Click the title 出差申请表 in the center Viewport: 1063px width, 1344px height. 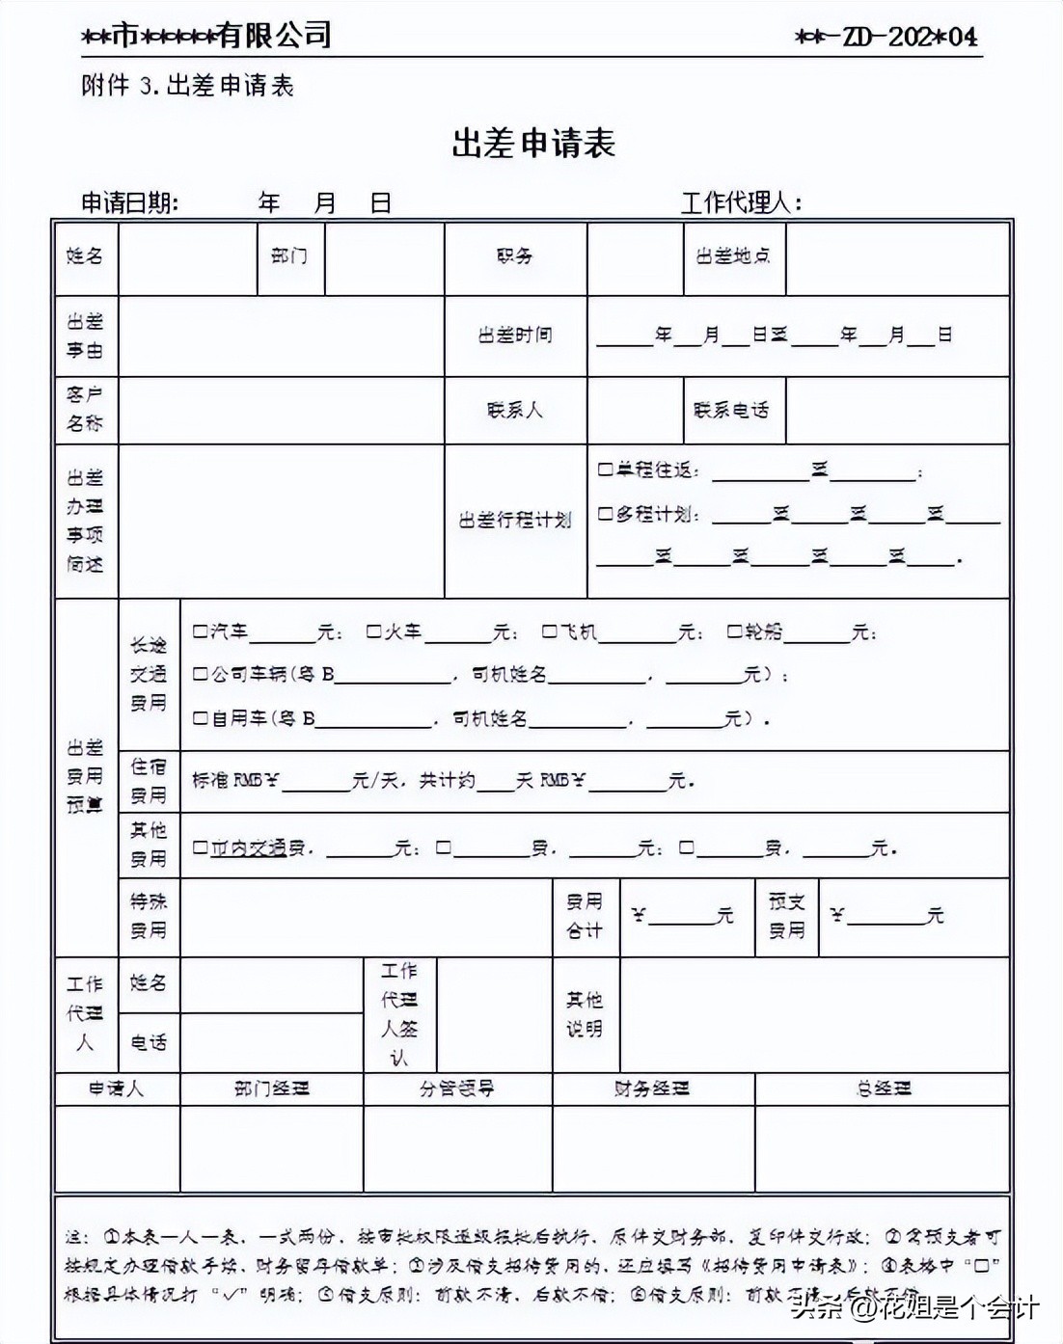click(533, 144)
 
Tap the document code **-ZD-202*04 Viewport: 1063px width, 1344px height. click(886, 37)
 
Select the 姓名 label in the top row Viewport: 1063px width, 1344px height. click(85, 256)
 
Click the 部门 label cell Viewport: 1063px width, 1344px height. click(289, 256)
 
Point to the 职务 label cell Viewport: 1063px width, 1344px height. click(515, 256)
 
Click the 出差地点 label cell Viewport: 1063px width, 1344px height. click(733, 256)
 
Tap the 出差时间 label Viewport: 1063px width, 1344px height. click(515, 336)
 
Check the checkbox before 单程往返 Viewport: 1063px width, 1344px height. click(605, 470)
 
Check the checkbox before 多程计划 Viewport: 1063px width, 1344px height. click(605, 514)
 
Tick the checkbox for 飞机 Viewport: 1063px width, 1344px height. click(549, 632)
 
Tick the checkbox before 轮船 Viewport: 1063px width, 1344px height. click(735, 632)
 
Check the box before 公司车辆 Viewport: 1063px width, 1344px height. click(200, 674)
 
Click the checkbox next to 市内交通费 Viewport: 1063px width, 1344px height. click(200, 847)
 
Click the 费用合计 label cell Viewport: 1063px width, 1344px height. click(585, 916)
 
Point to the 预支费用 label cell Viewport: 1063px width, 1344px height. click(786, 916)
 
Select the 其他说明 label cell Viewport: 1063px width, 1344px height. click(585, 1014)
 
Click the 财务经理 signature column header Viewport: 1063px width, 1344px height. click(652, 1089)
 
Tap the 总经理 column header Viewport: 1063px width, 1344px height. click(884, 1089)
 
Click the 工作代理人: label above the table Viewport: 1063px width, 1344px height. click(741, 203)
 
